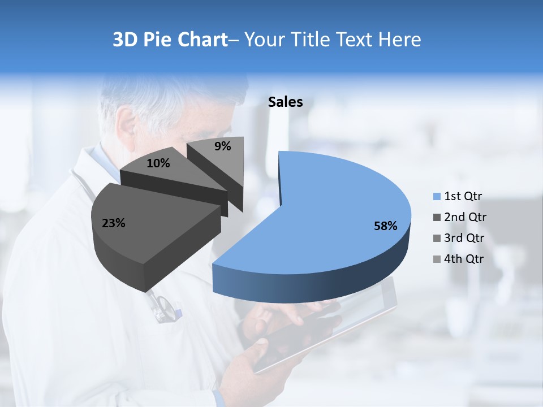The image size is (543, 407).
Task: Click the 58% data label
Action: coord(385,226)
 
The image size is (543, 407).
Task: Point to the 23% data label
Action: coord(113,223)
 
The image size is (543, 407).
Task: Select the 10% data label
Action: coord(158,163)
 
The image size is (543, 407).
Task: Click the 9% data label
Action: coord(223,146)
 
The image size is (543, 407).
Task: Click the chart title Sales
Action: coord(286,102)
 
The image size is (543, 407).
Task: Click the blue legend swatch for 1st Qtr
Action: coord(437,197)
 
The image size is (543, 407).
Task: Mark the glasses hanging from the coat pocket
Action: coord(164,308)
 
